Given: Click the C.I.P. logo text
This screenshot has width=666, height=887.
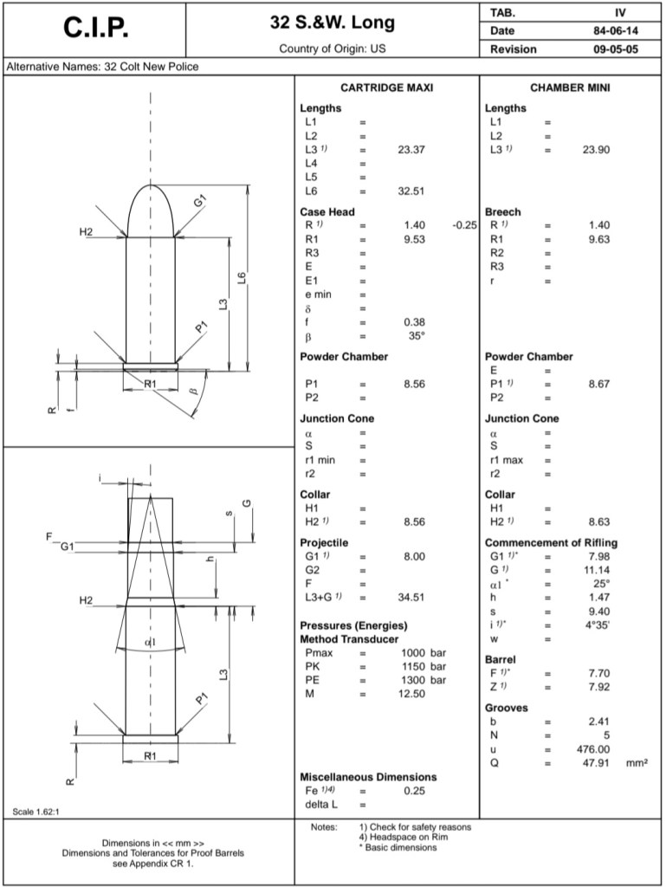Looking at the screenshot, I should [x=97, y=29].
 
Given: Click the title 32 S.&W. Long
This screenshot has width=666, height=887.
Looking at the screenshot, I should [x=332, y=23].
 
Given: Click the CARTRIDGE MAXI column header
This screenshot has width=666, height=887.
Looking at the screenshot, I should [x=386, y=88].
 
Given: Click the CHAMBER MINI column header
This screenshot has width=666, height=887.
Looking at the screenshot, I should [x=571, y=88].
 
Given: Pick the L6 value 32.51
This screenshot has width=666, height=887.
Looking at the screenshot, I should [x=411, y=191].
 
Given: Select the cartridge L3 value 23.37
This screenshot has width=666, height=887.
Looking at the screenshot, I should [x=411, y=150].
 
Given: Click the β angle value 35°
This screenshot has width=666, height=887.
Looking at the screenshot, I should [x=417, y=336].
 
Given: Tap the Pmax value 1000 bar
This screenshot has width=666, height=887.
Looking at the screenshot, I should [x=424, y=652].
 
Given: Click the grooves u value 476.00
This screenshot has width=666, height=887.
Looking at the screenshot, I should [x=593, y=749].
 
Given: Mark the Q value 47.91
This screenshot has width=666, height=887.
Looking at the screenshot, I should [x=596, y=763].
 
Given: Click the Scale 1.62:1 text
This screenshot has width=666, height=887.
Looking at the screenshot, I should [x=36, y=812].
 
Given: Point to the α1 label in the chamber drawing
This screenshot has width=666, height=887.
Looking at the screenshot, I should [x=150, y=642].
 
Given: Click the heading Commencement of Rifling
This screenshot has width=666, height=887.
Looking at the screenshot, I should [x=551, y=543].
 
